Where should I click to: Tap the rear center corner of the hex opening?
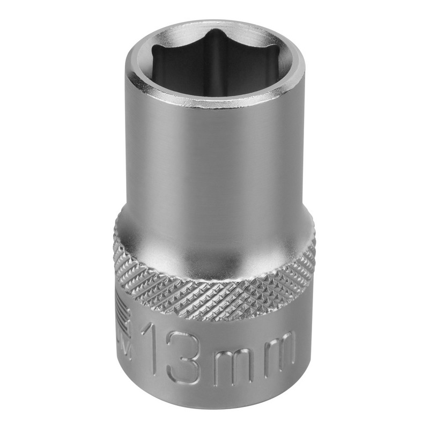tap(215, 34)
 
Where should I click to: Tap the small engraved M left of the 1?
tap(127, 349)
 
